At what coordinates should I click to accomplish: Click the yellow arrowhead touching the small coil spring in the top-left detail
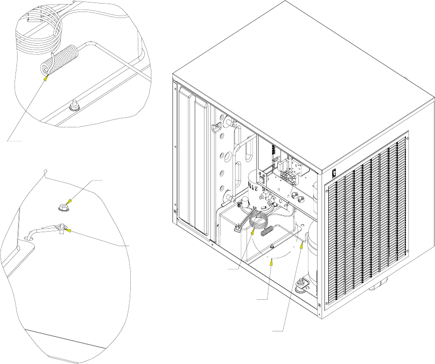[x=47, y=75]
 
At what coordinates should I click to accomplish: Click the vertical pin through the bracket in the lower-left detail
[x=61, y=229]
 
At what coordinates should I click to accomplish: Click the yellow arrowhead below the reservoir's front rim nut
[x=270, y=260]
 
